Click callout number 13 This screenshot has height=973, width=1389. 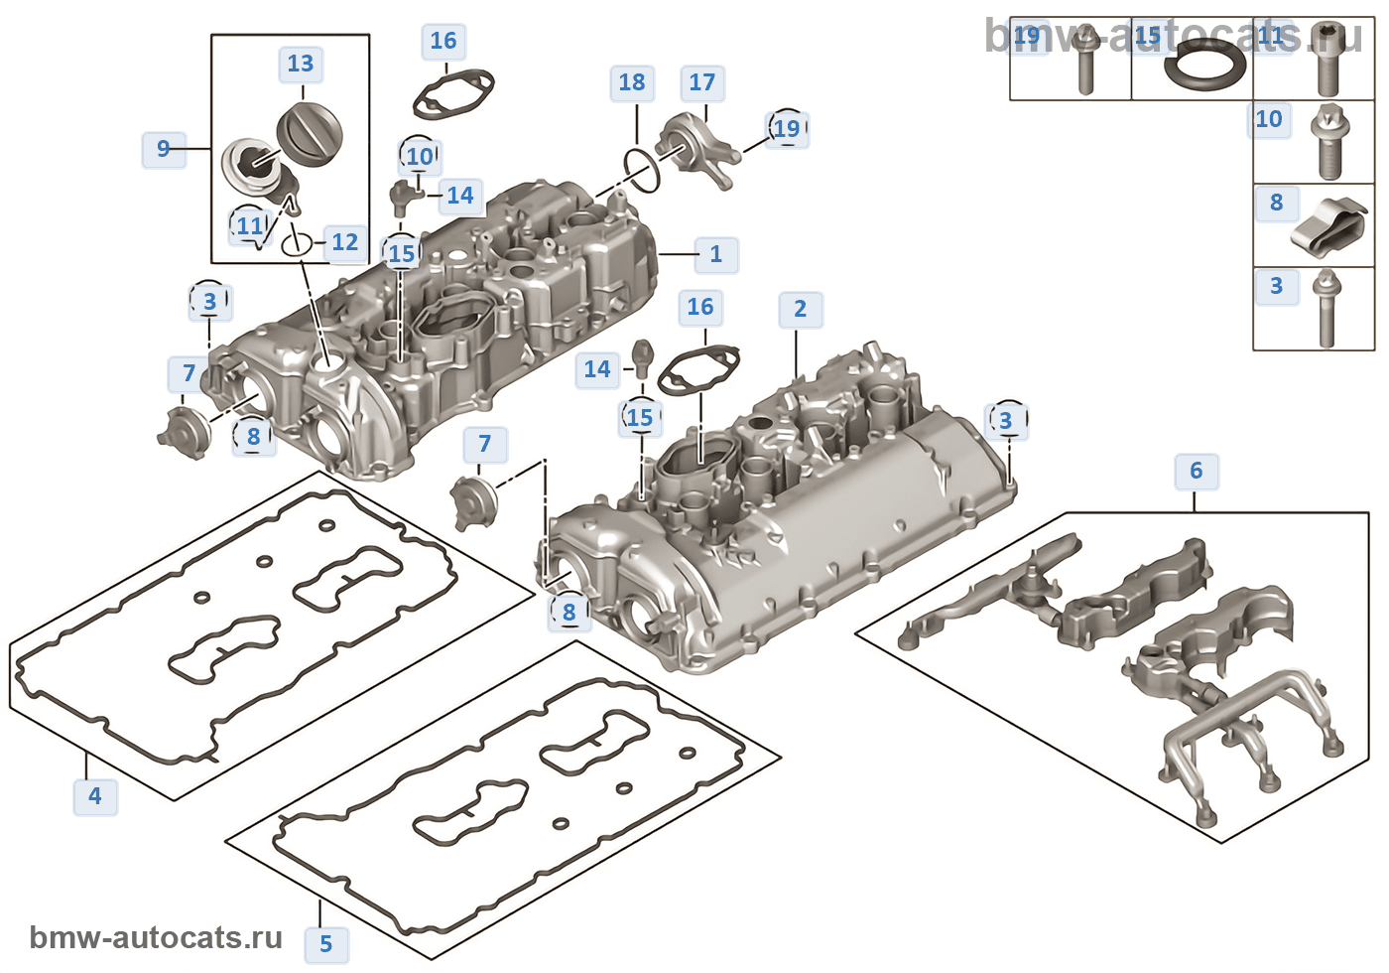click(300, 65)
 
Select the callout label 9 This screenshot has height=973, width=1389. click(164, 149)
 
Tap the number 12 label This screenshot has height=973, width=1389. click(344, 242)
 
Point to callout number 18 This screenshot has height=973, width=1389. click(632, 82)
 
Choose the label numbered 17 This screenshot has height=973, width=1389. click(702, 82)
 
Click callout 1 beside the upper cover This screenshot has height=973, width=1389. click(716, 254)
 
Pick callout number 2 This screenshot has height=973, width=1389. click(800, 310)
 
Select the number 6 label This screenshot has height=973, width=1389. click(1196, 471)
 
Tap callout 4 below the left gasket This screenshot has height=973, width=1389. click(95, 796)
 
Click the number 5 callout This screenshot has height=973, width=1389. click(326, 944)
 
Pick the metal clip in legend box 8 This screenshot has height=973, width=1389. click(1328, 228)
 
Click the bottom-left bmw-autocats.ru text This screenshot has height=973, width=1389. click(156, 937)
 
